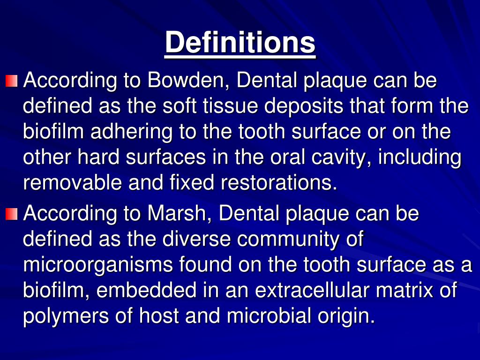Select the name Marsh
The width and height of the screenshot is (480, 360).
(179, 214)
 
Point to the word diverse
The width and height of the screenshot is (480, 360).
(196, 240)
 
